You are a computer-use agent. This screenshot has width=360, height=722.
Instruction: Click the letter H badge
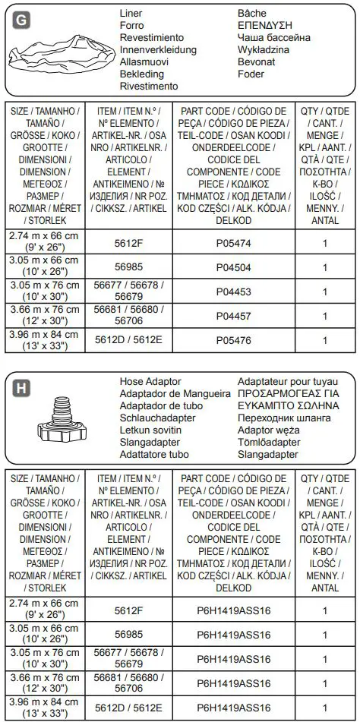pos(21,388)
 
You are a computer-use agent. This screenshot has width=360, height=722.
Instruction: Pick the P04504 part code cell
pos(233,267)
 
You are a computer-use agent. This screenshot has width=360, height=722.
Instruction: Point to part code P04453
pos(233,291)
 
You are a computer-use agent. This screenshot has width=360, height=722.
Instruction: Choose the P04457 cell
pos(233,315)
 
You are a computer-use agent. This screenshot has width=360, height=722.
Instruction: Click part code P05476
pos(233,339)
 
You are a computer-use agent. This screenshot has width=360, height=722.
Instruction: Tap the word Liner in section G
pos(131,14)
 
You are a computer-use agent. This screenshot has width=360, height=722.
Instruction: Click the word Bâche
pos(252,14)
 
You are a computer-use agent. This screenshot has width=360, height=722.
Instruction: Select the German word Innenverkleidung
pos(158,50)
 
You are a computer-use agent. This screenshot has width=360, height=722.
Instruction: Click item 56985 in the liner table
pos(128,267)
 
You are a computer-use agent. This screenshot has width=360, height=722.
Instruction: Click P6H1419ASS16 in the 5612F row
pos(233,610)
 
